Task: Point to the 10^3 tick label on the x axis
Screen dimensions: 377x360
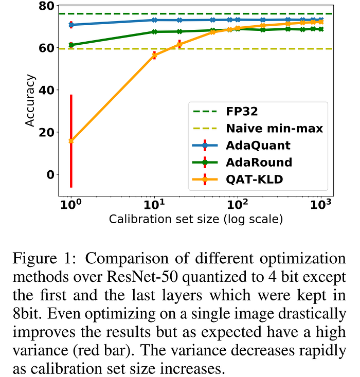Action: point(320,205)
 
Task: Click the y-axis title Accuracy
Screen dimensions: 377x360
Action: point(31,100)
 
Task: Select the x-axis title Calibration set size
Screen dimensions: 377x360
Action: point(196,221)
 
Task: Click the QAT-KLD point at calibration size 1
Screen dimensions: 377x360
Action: point(71,141)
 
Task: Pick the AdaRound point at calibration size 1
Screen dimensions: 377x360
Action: point(71,45)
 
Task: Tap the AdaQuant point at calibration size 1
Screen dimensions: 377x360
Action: point(71,25)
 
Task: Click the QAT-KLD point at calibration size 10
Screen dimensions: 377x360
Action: point(154,55)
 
